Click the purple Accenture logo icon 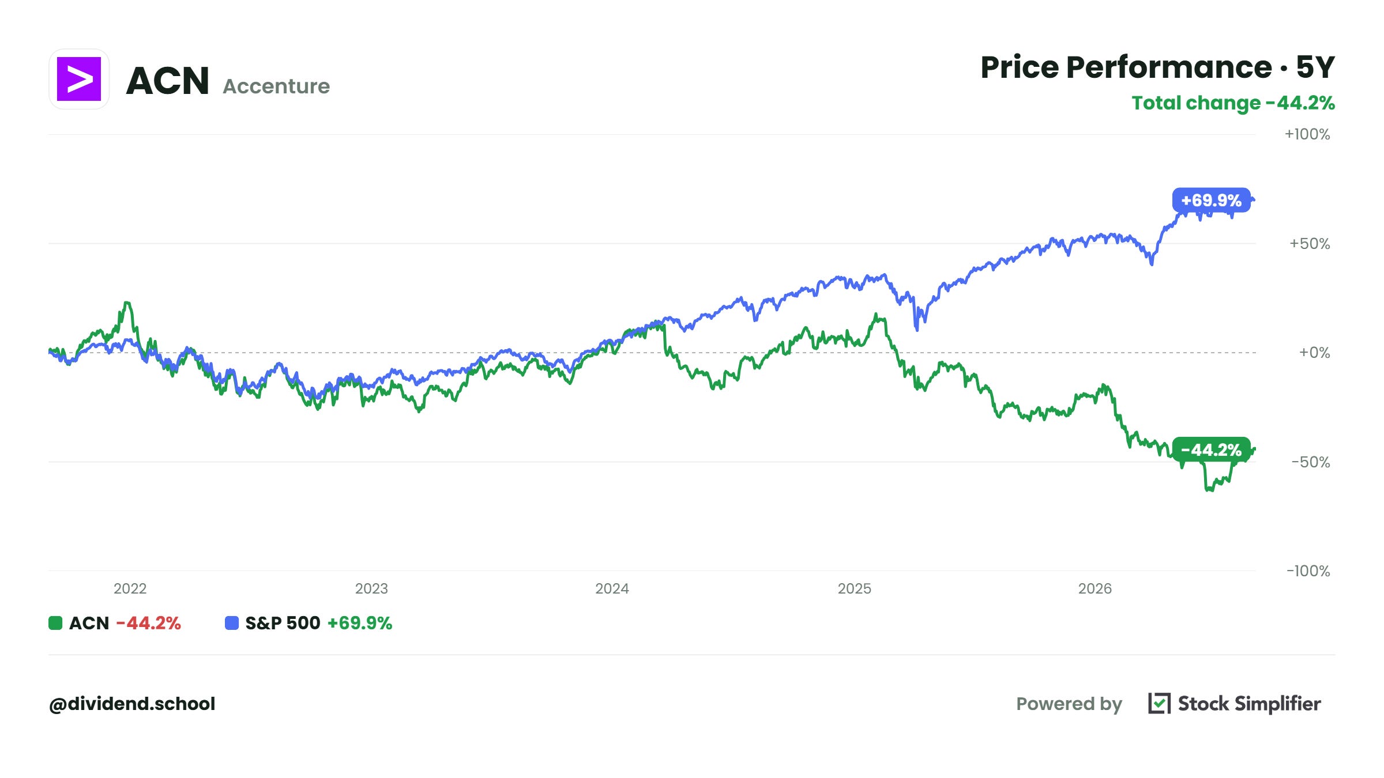pos(79,79)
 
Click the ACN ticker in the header pos(167,80)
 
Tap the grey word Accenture pos(276,86)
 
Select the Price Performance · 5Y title pos(1157,67)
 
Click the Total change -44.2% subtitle pos(1233,103)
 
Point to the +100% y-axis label pos(1307,134)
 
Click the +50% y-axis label pos(1310,243)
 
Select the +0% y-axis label pos(1314,352)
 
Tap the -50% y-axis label pos(1311,462)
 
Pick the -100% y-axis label pos(1308,571)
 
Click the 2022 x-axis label pos(130,588)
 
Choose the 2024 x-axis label pos(612,588)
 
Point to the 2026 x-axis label pos(1095,588)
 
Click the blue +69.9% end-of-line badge pos(1211,200)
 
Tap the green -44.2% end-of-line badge pos(1211,450)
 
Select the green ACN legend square pos(55,623)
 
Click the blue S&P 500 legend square pos(232,623)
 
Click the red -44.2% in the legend pos(149,623)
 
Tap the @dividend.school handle pos(132,704)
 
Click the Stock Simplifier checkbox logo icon pos(1159,703)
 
